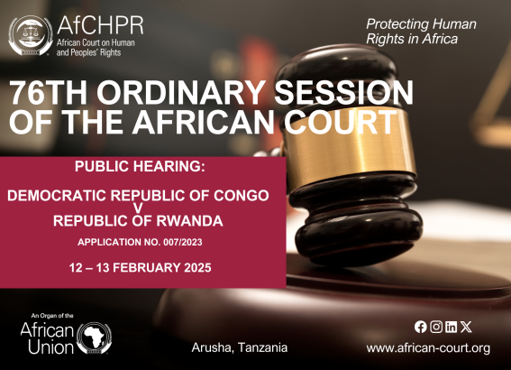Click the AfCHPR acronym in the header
[x=100, y=25]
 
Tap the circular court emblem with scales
[x=31, y=35]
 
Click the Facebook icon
[x=420, y=327]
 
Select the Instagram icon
[x=436, y=327]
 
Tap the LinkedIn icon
[x=451, y=327]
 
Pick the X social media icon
[x=466, y=327]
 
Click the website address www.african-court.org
[x=428, y=348]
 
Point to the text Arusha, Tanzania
[x=240, y=347]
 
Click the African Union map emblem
[x=95, y=338]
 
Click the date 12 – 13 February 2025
[x=140, y=268]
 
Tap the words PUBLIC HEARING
[x=140, y=166]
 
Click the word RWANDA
[x=189, y=221]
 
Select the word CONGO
[x=242, y=196]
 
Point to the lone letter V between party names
[x=139, y=208]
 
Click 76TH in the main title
[x=49, y=92]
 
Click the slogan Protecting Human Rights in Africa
[x=421, y=32]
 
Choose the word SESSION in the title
[x=344, y=92]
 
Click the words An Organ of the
[x=52, y=316]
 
